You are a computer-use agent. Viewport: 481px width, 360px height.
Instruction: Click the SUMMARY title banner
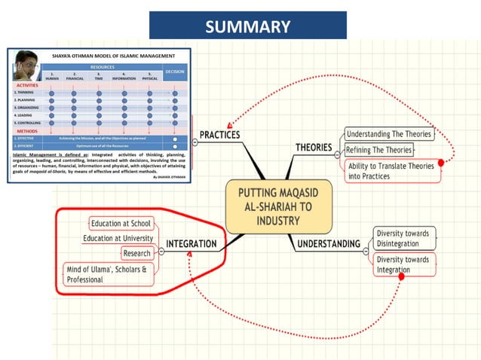point(247,26)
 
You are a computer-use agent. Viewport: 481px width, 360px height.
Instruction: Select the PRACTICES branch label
point(219,135)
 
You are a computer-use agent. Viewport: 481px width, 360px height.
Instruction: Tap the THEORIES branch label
point(314,147)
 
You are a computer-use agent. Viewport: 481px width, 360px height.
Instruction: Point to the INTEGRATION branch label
point(191,244)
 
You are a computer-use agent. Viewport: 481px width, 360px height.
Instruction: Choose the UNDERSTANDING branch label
point(328,244)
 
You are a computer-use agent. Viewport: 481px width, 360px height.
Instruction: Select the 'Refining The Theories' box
point(379,150)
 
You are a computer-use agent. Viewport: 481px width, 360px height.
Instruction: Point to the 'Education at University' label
point(118,238)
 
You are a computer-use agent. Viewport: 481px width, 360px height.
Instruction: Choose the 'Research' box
point(137,253)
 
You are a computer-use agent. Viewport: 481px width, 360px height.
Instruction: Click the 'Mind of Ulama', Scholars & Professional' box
point(109,274)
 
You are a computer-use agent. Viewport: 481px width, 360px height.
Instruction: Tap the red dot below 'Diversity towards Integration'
point(401,277)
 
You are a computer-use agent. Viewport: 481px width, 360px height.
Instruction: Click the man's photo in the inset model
point(27,69)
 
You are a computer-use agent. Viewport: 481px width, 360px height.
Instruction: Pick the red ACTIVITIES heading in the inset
point(29,86)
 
